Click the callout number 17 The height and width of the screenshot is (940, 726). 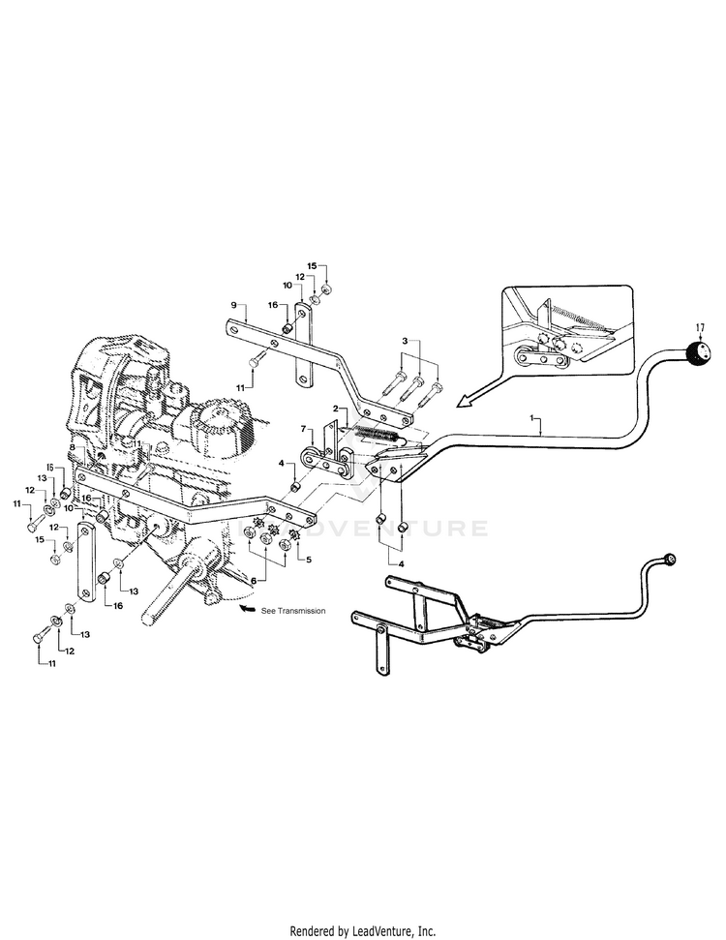pyautogui.click(x=700, y=327)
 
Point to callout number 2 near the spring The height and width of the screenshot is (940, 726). pyautogui.click(x=336, y=408)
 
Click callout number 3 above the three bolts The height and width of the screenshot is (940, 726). pyautogui.click(x=405, y=341)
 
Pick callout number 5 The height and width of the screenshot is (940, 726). pyautogui.click(x=309, y=560)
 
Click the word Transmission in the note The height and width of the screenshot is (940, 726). pyautogui.click(x=301, y=611)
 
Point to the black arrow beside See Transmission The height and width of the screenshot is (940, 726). pyautogui.click(x=247, y=609)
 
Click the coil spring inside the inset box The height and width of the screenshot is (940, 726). pyautogui.click(x=578, y=322)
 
